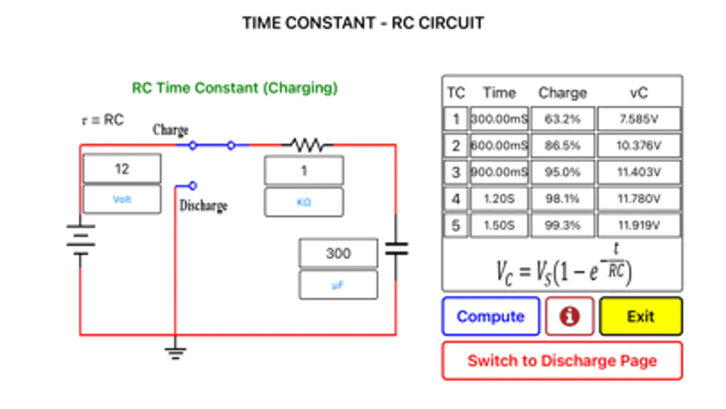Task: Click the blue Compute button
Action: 490,316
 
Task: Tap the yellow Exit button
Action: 640,316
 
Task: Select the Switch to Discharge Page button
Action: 562,361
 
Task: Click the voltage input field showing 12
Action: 122,169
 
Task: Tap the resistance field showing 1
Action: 304,171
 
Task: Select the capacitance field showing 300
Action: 338,253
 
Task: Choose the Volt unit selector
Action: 122,199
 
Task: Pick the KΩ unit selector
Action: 304,202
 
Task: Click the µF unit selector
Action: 338,285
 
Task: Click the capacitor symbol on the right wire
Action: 396,249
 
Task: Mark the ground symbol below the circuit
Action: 175,352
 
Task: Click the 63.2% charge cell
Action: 562,119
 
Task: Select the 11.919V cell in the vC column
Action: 638,225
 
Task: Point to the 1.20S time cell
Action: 499,199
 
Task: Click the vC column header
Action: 638,93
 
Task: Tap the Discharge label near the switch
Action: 203,206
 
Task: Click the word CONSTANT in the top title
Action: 330,23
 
